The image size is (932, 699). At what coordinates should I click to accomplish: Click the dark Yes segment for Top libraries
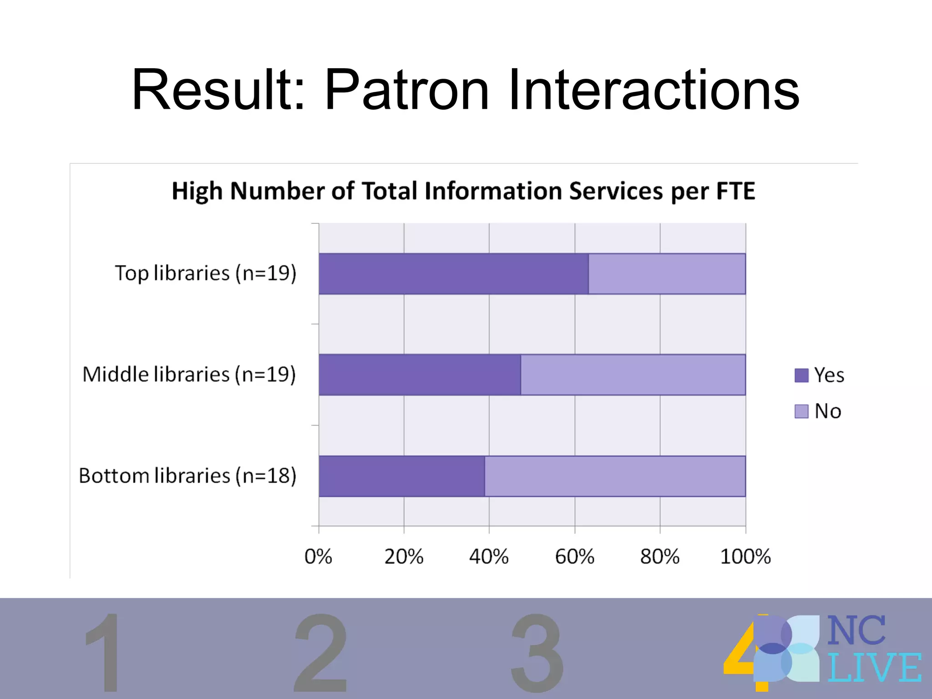(453, 274)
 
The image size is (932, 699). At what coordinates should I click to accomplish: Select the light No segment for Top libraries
(667, 274)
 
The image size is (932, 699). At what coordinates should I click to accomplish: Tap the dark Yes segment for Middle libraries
(420, 375)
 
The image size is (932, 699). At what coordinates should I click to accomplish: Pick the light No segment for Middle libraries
(633, 375)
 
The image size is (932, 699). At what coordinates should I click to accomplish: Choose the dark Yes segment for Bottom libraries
(401, 476)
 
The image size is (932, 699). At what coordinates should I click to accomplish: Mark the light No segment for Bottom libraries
(615, 476)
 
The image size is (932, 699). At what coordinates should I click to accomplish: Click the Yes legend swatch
(801, 375)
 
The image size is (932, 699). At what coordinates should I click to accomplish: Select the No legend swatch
(801, 411)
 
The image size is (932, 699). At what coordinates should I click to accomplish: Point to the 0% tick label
(318, 557)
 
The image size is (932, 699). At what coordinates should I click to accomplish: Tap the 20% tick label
(404, 557)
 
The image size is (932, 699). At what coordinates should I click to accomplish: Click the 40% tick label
(489, 557)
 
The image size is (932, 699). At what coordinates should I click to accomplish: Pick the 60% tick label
(574, 557)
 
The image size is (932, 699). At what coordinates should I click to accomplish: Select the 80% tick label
(659, 557)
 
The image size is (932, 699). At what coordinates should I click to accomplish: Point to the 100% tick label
(745, 557)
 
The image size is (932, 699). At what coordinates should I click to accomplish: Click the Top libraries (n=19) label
(205, 274)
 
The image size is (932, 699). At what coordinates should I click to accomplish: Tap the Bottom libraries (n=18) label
(187, 476)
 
